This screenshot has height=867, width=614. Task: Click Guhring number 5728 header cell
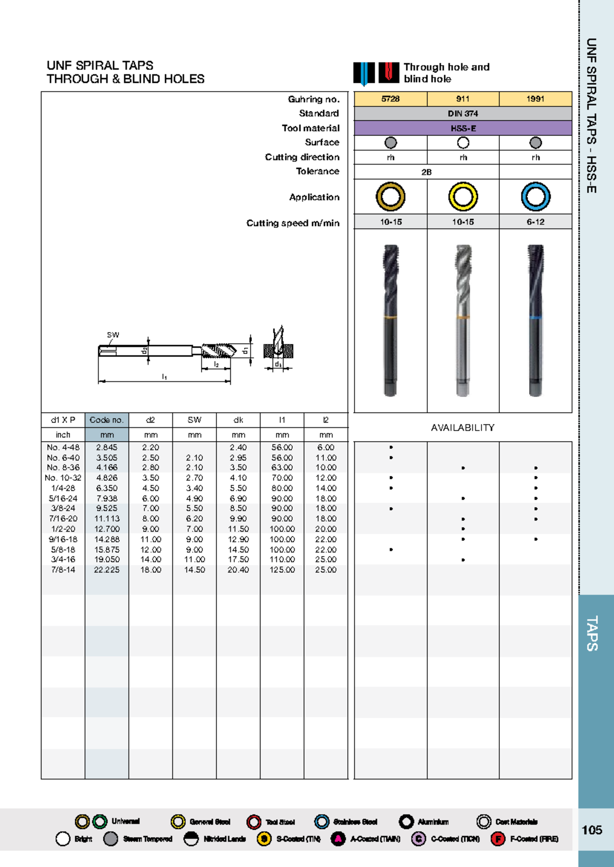390,99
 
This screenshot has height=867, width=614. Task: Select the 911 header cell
463,99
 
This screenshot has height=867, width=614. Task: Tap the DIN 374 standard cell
463,113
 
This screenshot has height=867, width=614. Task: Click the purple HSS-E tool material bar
463,128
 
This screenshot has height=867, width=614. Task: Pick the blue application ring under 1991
535,197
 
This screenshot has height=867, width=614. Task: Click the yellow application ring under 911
463,197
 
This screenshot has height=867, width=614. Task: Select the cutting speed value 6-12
535,222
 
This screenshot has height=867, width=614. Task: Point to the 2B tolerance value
426,172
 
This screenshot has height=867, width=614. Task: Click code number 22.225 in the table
106,569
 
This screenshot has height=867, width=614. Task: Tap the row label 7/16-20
63,518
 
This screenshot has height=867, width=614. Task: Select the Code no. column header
106,420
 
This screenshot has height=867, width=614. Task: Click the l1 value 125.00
282,569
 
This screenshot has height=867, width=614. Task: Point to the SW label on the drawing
113,335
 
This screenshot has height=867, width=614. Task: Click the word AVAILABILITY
463,427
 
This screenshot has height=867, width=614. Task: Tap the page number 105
591,830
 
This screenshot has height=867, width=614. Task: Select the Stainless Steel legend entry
355,822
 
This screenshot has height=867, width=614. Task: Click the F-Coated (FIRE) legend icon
497,839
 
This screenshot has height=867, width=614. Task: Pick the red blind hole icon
389,73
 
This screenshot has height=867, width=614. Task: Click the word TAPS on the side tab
591,633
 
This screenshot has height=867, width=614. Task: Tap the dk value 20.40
238,569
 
